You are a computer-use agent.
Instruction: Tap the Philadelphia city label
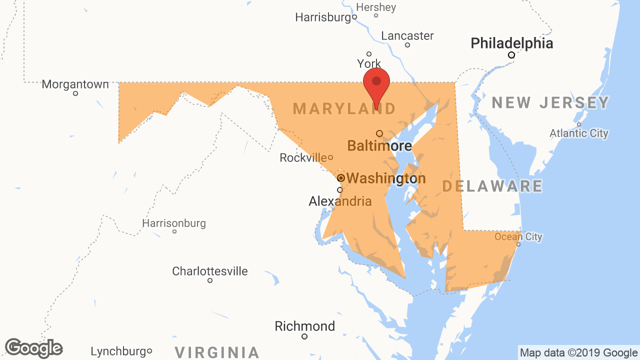click(x=512, y=43)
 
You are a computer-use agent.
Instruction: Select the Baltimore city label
click(x=379, y=146)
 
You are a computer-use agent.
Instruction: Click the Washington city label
click(x=385, y=178)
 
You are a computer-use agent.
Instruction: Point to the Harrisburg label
click(x=323, y=17)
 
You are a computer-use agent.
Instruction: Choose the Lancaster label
click(x=407, y=36)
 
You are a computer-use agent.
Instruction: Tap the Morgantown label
click(x=75, y=84)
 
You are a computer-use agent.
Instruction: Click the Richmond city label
click(x=305, y=326)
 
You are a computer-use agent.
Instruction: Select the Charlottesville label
click(x=210, y=271)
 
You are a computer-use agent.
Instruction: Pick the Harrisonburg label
click(x=174, y=223)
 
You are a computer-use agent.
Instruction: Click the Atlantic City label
click(x=579, y=133)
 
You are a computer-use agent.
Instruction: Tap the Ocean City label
click(x=518, y=236)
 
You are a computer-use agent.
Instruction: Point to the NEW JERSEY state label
click(x=550, y=103)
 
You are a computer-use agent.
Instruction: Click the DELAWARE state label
click(x=492, y=186)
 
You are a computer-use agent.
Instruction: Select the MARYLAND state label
click(x=344, y=108)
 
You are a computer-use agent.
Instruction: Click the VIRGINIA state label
click(x=217, y=352)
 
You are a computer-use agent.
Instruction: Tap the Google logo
click(x=34, y=348)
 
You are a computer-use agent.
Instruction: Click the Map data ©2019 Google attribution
click(x=578, y=353)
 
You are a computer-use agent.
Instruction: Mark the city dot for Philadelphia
click(x=511, y=55)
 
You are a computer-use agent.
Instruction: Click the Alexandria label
click(x=340, y=201)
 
